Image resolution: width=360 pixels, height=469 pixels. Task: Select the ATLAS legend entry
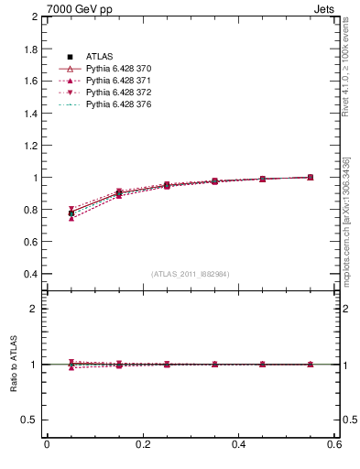(x=100, y=57)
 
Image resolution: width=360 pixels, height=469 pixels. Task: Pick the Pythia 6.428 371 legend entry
(x=116, y=81)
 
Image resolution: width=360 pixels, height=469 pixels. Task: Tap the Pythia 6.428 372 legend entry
(x=116, y=93)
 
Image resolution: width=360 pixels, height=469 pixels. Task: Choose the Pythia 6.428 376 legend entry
(x=116, y=104)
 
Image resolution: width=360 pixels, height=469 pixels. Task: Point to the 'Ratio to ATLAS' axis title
(x=14, y=364)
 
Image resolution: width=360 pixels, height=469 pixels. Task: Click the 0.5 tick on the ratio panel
(x=30, y=420)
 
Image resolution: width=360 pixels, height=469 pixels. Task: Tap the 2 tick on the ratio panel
(x=34, y=309)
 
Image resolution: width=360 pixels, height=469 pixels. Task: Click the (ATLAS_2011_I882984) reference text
(x=191, y=274)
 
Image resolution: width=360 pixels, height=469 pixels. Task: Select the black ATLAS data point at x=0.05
(x=71, y=213)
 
